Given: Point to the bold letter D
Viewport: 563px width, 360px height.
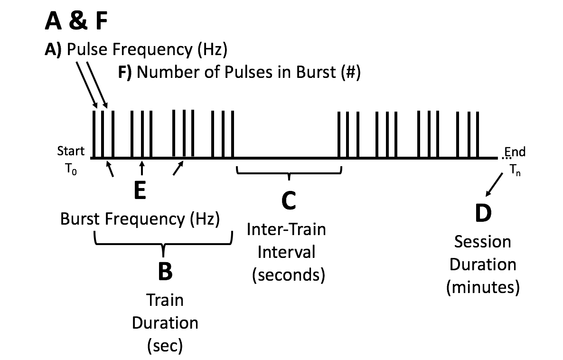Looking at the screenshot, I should pos(483,214).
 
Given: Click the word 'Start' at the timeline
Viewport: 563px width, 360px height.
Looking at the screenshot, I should pos(71,152).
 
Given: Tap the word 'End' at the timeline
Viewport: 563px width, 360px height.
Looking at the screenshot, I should pos(515,152).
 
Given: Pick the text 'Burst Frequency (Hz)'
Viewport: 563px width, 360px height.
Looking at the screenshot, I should pos(141,219).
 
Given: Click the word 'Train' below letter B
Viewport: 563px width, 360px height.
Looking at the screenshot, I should pos(165,300).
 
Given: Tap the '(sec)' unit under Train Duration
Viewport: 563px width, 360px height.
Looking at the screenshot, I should pos(164,345).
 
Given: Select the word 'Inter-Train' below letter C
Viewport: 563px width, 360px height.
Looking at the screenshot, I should pos(286,229).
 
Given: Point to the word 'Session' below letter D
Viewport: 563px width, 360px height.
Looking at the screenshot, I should pos(483,242).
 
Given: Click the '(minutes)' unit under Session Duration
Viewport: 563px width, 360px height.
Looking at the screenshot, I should pos(483,287).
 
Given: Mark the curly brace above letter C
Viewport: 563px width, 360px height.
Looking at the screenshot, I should pos(289,171).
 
